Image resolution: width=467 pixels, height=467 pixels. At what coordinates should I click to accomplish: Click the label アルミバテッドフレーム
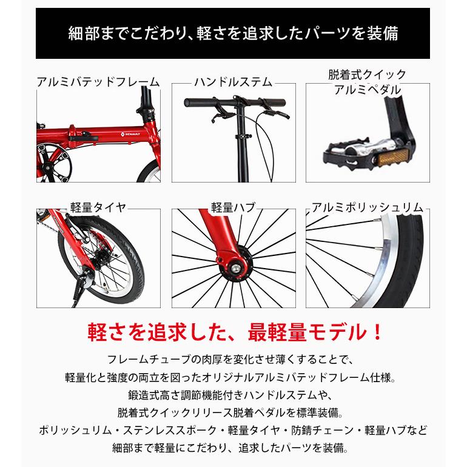(x=98, y=82)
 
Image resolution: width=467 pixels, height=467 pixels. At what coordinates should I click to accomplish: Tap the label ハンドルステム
(x=233, y=82)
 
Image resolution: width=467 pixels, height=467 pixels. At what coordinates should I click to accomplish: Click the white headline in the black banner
(x=233, y=33)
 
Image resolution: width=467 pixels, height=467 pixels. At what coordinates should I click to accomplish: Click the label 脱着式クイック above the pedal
(x=367, y=75)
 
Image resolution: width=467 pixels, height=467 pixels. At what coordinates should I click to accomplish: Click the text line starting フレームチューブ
(x=233, y=360)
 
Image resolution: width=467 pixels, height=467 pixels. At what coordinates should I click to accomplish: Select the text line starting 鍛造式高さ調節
(x=233, y=396)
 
